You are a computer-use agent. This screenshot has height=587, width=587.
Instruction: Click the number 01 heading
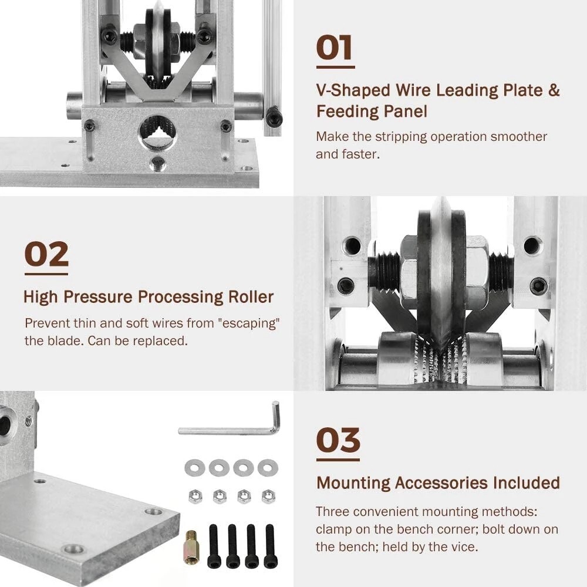pos(335,48)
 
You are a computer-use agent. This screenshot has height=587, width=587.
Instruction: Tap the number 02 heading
pos(46,254)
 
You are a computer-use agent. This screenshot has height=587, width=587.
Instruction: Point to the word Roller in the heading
pos(251,297)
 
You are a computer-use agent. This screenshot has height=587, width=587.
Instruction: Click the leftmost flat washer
pos(194,468)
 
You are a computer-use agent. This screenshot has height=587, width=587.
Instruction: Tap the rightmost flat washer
pos(268,468)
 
